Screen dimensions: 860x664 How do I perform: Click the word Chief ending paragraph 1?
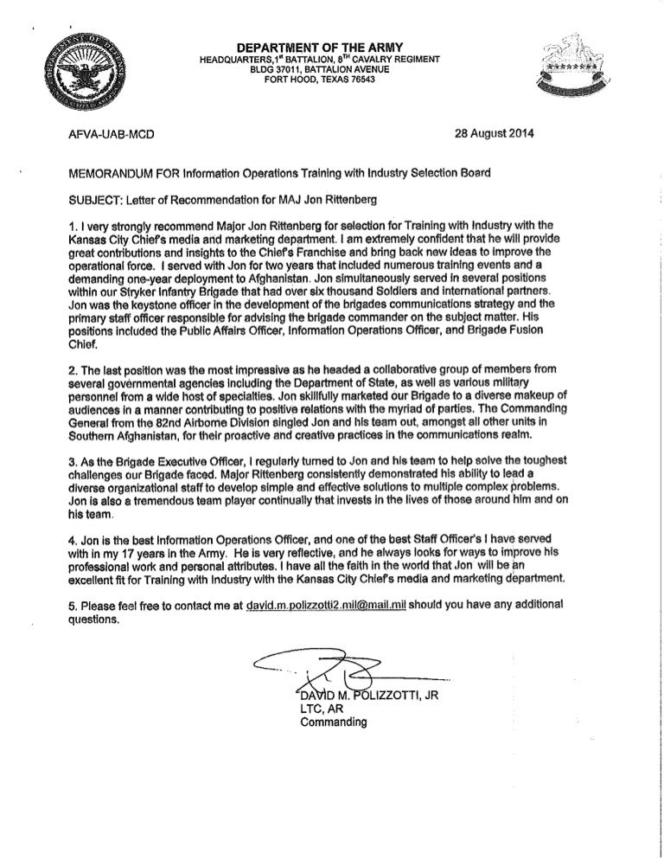pos(83,339)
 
